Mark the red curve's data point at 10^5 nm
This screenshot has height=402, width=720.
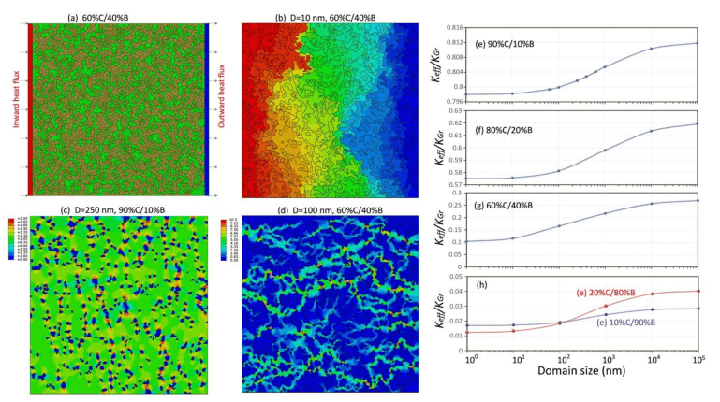coord(698,291)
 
